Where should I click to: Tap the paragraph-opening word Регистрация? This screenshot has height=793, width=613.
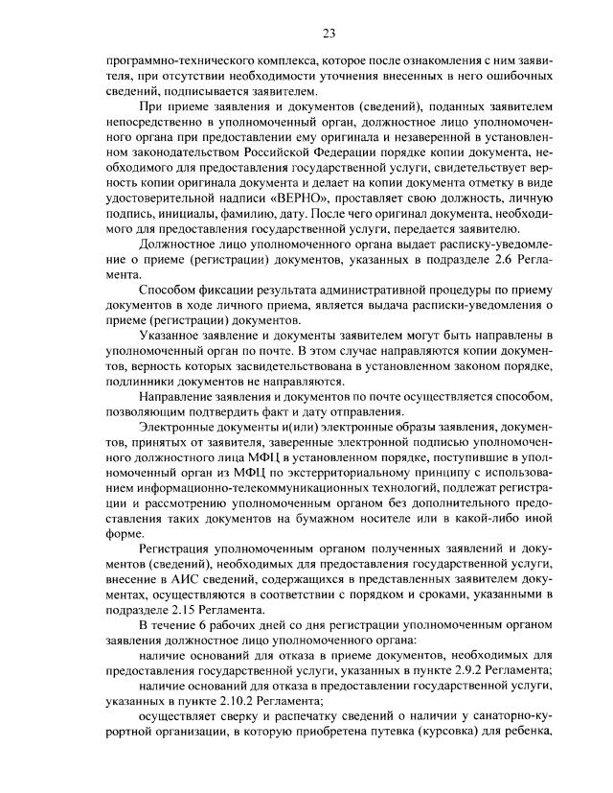[x=174, y=548]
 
